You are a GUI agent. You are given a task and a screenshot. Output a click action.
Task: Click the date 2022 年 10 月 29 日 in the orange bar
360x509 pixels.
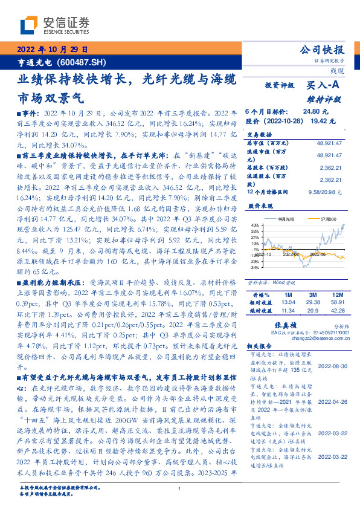pos(53,50)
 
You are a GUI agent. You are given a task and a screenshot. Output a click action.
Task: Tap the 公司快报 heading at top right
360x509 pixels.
pos(322,50)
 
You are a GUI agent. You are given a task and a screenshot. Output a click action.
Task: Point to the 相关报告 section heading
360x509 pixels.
pos(260,346)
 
